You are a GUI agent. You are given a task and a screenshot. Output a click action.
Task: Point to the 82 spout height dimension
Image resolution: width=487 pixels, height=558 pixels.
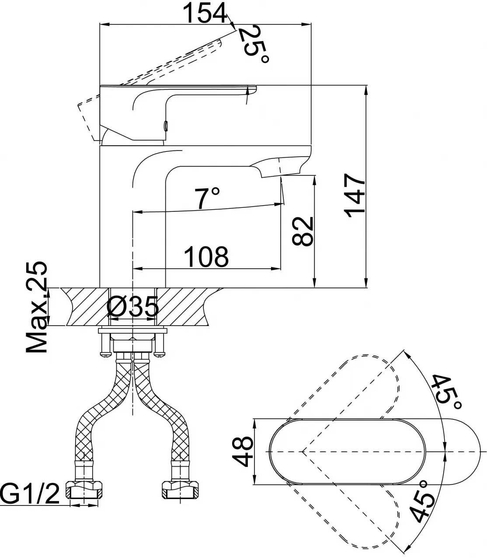tap(303, 231)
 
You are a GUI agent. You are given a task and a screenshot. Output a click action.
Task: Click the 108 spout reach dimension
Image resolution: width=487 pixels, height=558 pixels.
tap(206, 257)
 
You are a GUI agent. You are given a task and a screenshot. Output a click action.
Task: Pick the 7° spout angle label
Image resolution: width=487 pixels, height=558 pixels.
tap(207, 198)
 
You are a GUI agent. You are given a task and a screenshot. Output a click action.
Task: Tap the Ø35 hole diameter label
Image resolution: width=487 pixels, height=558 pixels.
tap(132, 306)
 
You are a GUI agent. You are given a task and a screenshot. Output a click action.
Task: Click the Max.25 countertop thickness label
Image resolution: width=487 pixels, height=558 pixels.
tap(36, 307)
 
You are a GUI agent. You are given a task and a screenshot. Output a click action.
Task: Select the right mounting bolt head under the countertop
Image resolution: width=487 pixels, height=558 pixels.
tap(160, 354)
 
